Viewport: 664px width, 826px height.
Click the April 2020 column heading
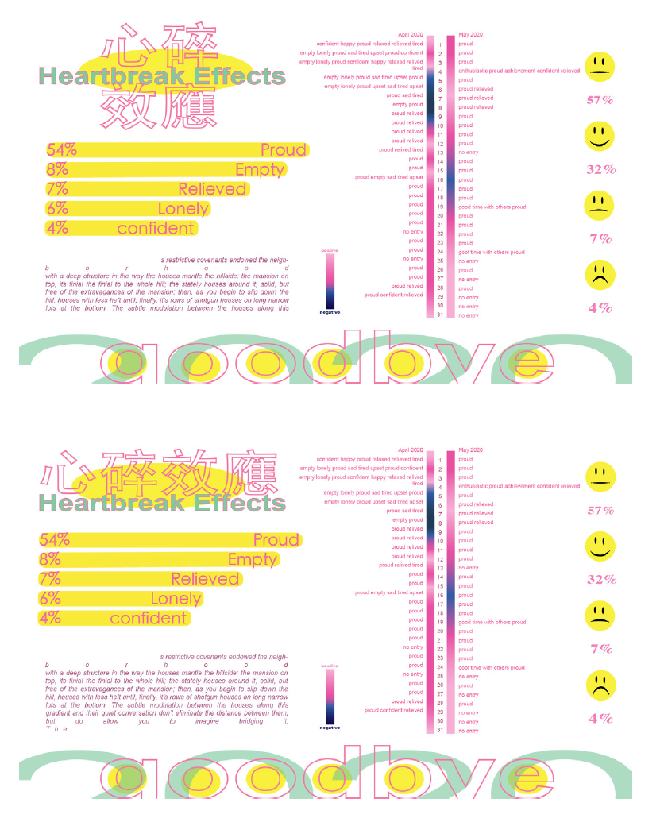[411, 35]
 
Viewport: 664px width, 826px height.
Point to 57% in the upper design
[600, 100]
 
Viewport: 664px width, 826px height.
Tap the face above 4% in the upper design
[600, 274]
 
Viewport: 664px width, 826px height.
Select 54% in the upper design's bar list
[61, 150]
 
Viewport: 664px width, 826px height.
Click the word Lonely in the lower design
[176, 599]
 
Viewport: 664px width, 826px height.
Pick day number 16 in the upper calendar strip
[440, 180]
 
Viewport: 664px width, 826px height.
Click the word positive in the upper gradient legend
[330, 250]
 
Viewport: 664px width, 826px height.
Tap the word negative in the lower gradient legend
[330, 727]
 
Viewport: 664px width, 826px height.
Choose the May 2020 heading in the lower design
[470, 450]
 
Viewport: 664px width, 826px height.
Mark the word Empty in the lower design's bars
[253, 560]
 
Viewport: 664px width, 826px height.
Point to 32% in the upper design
[601, 169]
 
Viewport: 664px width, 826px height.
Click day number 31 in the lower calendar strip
[440, 731]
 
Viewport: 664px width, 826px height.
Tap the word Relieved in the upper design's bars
[212, 189]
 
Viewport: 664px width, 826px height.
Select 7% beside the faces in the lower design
[601, 649]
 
